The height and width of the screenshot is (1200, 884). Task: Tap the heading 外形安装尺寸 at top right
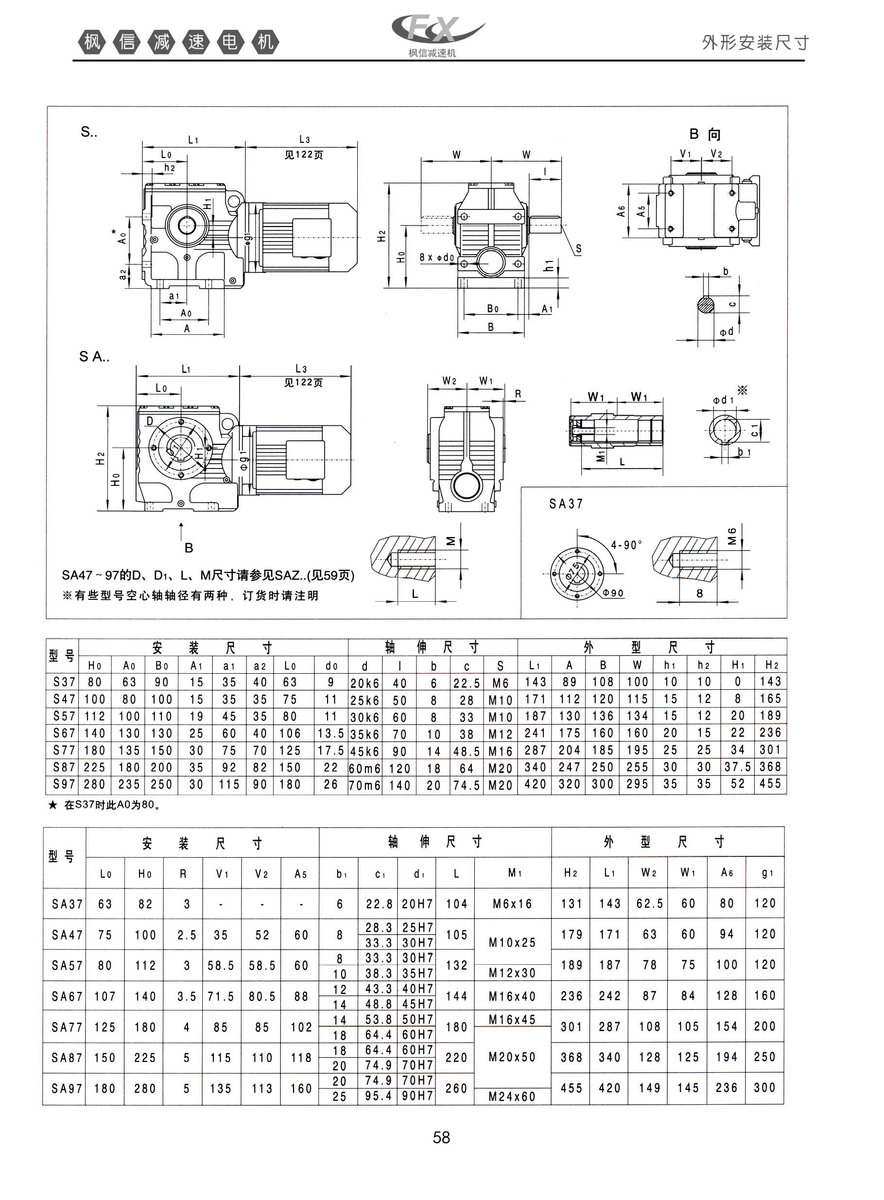755,42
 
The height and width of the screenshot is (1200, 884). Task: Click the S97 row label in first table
64,784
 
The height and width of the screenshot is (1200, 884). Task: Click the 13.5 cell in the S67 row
330,733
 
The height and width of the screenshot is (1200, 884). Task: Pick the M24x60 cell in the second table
512,1096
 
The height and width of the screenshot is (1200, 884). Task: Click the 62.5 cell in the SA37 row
650,903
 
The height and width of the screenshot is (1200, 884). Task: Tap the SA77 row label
67,1026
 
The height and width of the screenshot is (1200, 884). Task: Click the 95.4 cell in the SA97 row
378,1096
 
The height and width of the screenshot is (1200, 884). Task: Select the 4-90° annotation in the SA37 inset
626,545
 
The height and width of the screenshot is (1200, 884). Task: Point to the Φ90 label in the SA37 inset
613,593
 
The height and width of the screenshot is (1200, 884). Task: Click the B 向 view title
705,134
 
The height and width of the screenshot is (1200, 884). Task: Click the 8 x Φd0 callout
436,257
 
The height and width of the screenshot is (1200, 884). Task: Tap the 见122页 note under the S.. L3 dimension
303,155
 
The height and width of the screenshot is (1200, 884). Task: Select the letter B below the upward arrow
189,547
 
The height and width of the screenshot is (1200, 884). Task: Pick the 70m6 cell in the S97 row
364,785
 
